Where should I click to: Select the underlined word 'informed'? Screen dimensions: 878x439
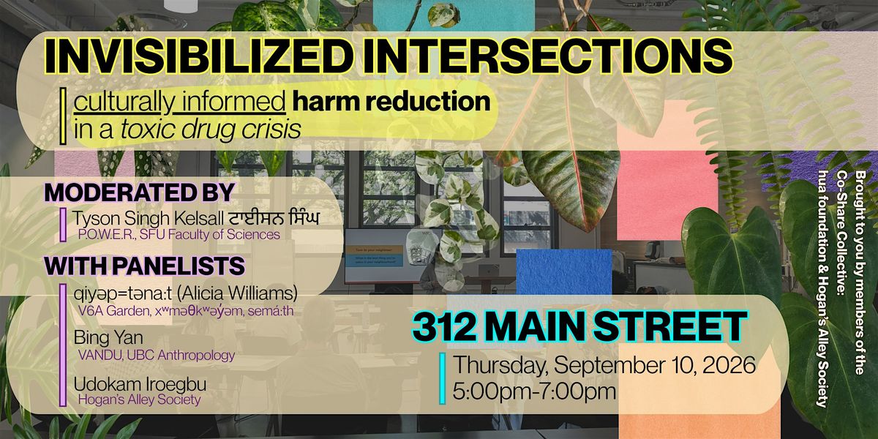coord(233,102)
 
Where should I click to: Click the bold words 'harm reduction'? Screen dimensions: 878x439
coord(391,101)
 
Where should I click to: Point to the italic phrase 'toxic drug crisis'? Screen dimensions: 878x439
coord(211,130)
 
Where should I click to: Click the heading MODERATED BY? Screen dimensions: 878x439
coord(140,192)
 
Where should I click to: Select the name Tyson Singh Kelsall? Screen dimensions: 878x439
coord(149,218)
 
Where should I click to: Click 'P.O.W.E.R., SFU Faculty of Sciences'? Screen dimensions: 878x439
coord(179,235)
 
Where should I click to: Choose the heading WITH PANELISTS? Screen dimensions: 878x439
coord(145,266)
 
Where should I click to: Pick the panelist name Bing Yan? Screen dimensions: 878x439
coord(108,338)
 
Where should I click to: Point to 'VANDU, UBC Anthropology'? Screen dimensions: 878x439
coord(157,356)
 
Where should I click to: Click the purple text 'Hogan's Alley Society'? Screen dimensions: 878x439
coord(140,400)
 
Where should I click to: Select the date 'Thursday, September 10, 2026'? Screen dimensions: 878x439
coord(604,365)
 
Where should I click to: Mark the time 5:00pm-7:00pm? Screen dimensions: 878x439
coord(534,391)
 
